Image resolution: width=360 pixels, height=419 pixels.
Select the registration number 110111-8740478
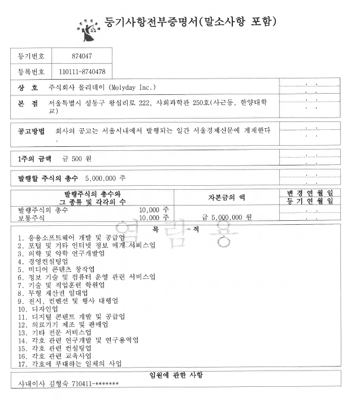[83, 72]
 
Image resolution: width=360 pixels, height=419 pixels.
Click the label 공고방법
[31, 131]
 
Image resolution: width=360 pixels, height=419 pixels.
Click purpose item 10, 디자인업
[33, 309]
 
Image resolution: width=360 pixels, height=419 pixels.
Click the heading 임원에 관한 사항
[176, 375]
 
